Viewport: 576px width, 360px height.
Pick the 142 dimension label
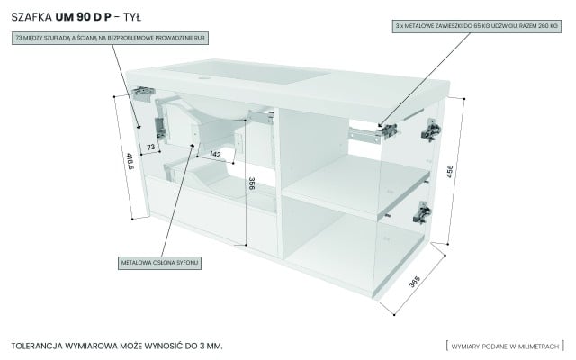pyautogui.click(x=214, y=155)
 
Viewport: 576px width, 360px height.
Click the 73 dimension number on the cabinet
pyautogui.click(x=151, y=146)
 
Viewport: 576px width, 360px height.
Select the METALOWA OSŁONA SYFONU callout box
pyautogui.click(x=159, y=262)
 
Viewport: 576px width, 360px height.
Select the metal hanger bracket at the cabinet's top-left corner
pyautogui.click(x=141, y=92)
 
